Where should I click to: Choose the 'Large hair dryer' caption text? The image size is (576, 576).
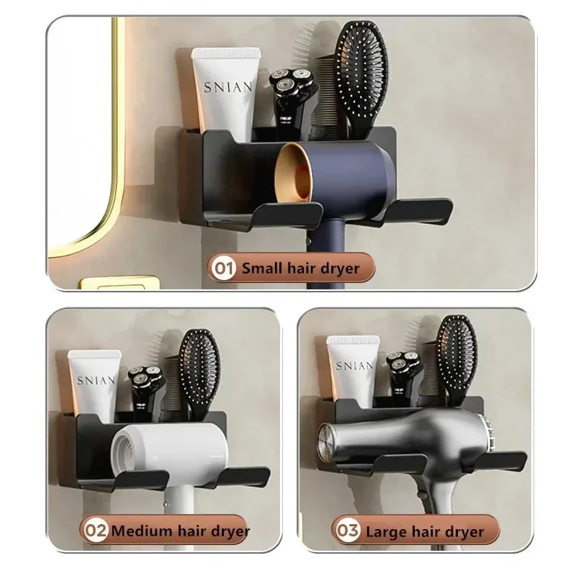point(424,531)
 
